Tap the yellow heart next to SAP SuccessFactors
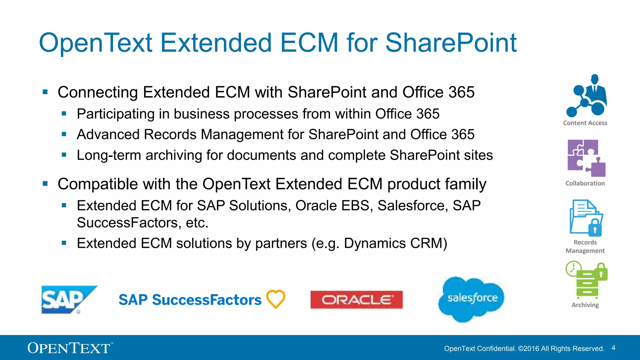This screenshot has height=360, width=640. pyautogui.click(x=276, y=299)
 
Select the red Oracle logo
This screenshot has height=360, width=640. pyautogui.click(x=357, y=300)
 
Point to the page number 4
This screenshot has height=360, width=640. pyautogui.click(x=613, y=348)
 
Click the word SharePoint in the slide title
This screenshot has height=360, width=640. pyautogui.click(x=451, y=43)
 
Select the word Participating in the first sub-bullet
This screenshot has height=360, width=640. pyautogui.click(x=116, y=114)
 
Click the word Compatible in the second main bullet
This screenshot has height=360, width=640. pyautogui.click(x=98, y=184)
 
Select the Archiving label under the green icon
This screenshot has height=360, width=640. pyautogui.click(x=585, y=305)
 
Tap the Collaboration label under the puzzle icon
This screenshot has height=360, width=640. pyautogui.click(x=585, y=183)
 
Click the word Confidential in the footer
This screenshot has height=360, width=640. pyautogui.click(x=497, y=348)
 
